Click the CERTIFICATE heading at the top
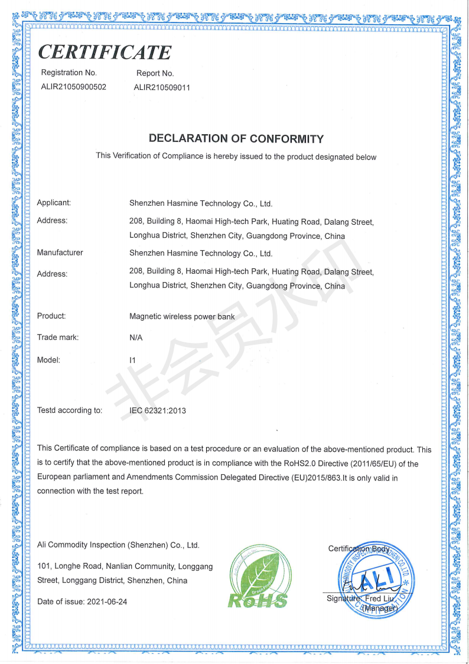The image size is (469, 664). click(105, 52)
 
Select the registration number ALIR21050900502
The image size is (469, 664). click(73, 87)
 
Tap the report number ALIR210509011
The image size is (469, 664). click(162, 88)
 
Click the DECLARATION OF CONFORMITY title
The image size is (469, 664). click(236, 139)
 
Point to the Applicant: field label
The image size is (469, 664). click(54, 203)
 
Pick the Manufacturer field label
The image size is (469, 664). click(60, 252)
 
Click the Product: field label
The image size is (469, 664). click(51, 316)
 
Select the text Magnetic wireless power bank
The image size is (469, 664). click(182, 316)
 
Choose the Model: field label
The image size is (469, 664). click(48, 359)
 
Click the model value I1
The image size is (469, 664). click(132, 359)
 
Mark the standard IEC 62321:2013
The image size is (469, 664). click(157, 410)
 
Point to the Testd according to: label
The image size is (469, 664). click(70, 410)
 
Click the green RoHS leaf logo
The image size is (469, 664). click(258, 577)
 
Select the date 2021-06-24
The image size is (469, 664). click(107, 601)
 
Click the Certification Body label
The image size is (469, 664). click(359, 549)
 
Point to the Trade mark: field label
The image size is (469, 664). click(57, 338)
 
